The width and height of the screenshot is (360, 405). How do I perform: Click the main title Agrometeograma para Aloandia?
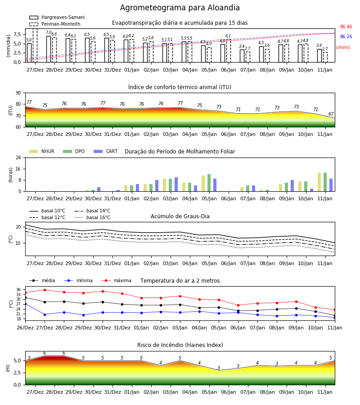point(180,8)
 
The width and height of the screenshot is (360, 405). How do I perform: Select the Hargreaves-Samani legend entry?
point(57,17)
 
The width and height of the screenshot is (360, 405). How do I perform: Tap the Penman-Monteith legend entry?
point(55,24)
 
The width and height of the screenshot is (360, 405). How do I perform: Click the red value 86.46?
point(346,27)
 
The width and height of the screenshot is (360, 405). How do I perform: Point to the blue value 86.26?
point(346,37)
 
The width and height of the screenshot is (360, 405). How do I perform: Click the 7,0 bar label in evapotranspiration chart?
point(49,32)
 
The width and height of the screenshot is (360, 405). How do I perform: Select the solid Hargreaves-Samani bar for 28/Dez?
point(49,49)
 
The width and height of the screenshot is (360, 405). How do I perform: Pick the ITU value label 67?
point(331,114)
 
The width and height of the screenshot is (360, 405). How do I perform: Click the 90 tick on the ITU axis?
point(18,93)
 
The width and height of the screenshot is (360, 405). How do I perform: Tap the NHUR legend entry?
point(42,151)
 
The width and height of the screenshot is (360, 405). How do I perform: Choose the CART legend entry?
point(106,151)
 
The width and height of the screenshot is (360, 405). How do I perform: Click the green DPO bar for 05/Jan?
point(209,183)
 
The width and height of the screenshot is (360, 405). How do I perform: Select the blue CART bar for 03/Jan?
point(176,184)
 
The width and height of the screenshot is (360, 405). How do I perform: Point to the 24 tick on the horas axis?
point(18,157)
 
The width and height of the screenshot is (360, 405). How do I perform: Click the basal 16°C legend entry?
point(92,217)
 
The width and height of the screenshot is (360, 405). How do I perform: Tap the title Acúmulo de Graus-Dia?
point(180,216)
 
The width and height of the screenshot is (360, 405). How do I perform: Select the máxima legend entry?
point(116,280)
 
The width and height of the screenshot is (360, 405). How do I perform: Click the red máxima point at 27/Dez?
point(45,290)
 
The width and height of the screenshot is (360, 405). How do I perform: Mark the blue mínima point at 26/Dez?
point(25,304)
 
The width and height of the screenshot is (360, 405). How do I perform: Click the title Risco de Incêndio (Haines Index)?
point(180,345)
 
